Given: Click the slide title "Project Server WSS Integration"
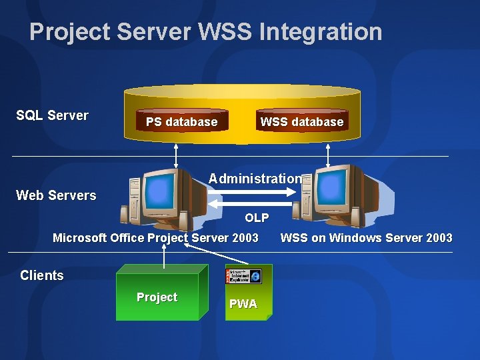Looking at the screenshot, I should [x=205, y=31].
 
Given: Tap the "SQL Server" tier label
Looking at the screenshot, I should [x=52, y=115].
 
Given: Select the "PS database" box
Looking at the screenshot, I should [x=181, y=121].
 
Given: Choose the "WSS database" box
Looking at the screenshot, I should [x=301, y=121].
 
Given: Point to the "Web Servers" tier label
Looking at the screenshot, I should [x=56, y=195].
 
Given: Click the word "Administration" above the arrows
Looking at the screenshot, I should [x=255, y=178].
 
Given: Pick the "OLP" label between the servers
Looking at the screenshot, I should [x=257, y=218].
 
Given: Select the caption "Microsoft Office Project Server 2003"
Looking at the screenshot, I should [x=155, y=238].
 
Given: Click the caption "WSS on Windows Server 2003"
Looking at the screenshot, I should [x=366, y=238].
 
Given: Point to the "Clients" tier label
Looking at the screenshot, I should [x=42, y=275].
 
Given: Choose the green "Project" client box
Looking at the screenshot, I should [x=157, y=297].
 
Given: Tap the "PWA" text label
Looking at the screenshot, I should [x=243, y=304].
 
